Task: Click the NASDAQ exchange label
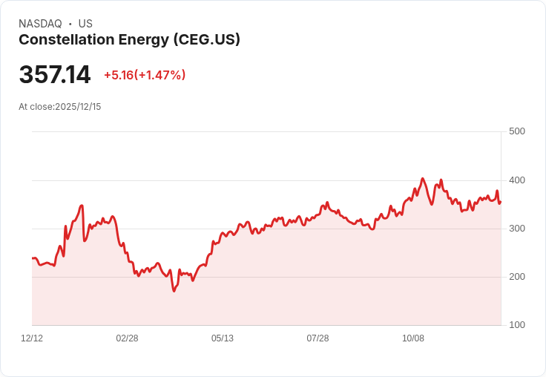point(40,24)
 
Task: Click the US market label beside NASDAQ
point(85,24)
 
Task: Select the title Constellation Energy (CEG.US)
point(129,40)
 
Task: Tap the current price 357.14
point(55,75)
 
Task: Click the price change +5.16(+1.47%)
point(145,75)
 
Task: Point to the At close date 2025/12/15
point(60,107)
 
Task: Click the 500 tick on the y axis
point(516,131)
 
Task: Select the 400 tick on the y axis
point(516,180)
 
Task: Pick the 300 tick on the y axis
point(516,229)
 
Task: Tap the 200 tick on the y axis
point(516,277)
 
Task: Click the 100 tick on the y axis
point(516,325)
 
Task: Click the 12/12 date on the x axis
point(32,338)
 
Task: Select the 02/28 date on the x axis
point(127,338)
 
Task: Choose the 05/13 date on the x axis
point(223,338)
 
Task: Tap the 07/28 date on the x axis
point(318,338)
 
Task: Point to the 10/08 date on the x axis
point(413,338)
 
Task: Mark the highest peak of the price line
point(422,178)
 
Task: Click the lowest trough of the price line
point(174,291)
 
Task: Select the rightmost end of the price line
point(501,201)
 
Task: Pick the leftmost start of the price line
point(33,258)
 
